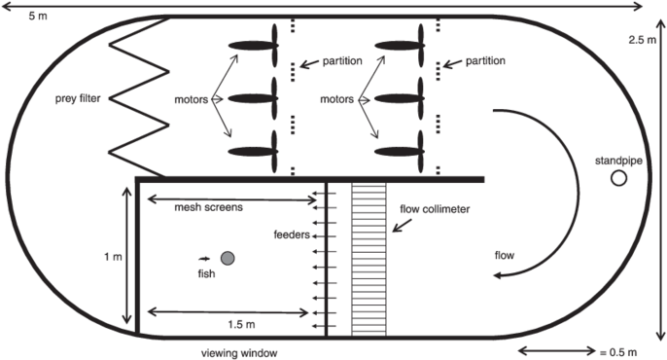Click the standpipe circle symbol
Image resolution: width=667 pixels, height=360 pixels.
tap(618, 180)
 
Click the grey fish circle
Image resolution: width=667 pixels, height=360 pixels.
tap(228, 259)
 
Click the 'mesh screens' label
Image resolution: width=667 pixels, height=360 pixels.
tap(208, 207)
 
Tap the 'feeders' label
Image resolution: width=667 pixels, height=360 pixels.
tap(292, 234)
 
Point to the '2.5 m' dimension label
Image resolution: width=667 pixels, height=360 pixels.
tap(643, 41)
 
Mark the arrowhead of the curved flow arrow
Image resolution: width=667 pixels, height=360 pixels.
tap(496, 276)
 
